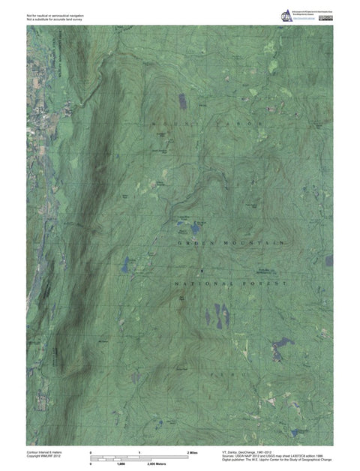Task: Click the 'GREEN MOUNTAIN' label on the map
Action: pyautogui.click(x=231, y=244)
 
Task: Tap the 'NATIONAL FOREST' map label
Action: pyautogui.click(x=231, y=285)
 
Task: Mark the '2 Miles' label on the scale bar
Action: pyautogui.click(x=191, y=454)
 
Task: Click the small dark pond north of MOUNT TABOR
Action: pyautogui.click(x=181, y=98)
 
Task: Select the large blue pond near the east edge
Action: pyautogui.click(x=283, y=344)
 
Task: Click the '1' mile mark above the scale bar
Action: pyautogui.click(x=139, y=454)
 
